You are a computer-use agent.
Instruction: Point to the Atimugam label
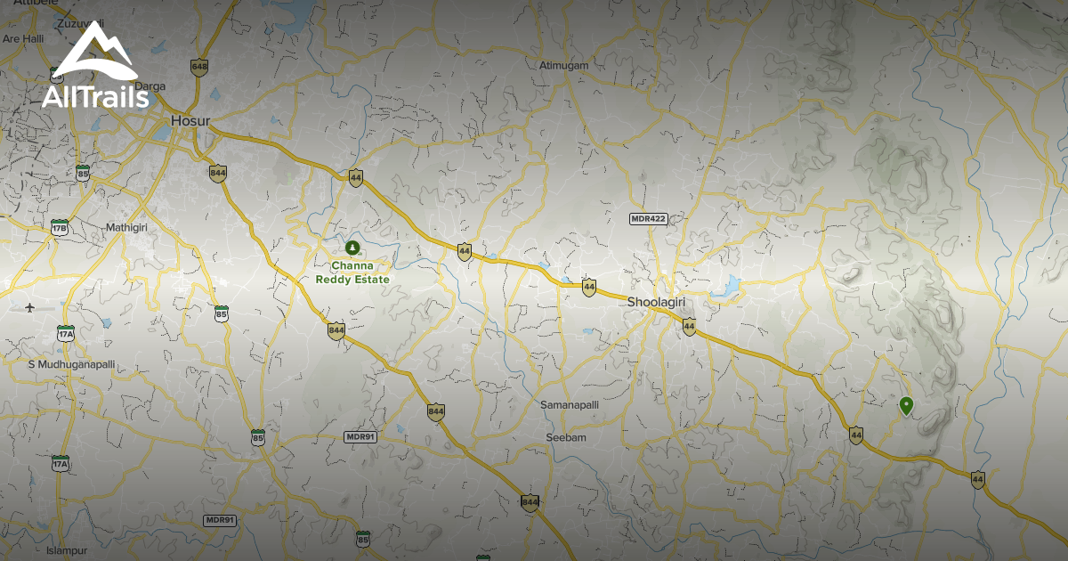tap(564, 65)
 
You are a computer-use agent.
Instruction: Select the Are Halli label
tap(24, 39)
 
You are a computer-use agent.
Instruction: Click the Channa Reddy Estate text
tap(352, 272)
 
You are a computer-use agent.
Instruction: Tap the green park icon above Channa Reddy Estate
tap(352, 247)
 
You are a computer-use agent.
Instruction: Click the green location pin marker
tap(906, 406)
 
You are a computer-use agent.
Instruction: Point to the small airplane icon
tap(30, 308)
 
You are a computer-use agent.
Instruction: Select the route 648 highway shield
tap(199, 67)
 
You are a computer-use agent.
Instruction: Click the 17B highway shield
tap(61, 227)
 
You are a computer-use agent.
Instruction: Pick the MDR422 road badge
tap(648, 218)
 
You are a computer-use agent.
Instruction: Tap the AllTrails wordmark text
tap(95, 97)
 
